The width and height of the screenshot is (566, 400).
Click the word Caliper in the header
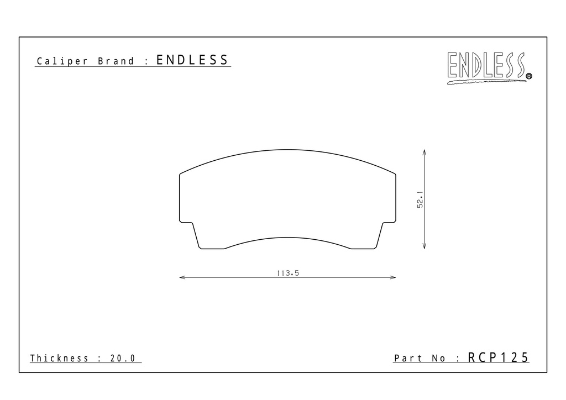tap(62, 61)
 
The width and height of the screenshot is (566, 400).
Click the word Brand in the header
tap(116, 61)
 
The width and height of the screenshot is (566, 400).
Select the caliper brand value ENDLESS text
tap(192, 60)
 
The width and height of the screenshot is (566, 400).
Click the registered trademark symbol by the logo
tap(529, 76)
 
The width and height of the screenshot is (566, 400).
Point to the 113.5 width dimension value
tap(287, 273)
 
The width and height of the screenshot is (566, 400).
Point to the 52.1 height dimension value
tap(420, 199)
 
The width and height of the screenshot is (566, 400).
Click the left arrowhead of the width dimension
tap(182, 277)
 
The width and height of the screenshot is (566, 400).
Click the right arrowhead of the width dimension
tap(393, 277)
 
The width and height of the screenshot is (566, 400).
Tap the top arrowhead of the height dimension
tap(424, 152)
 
